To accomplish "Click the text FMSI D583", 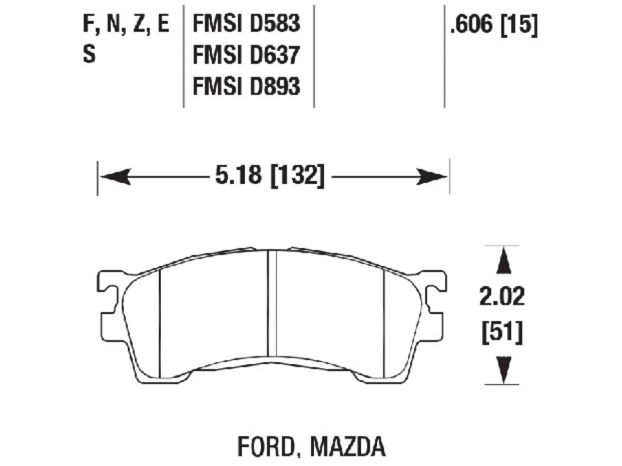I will pos(246,24).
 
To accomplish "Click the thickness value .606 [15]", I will pos(494,26).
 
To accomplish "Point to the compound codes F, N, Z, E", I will pos(126,24).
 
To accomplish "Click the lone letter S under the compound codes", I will pos(89,55).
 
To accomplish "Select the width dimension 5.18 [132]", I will pos(269,176).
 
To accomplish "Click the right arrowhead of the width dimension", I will pos(430,177).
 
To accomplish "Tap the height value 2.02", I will pos(502,298).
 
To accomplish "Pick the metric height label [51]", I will pos(502,333).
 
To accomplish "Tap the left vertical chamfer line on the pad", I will pos(160,320).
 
